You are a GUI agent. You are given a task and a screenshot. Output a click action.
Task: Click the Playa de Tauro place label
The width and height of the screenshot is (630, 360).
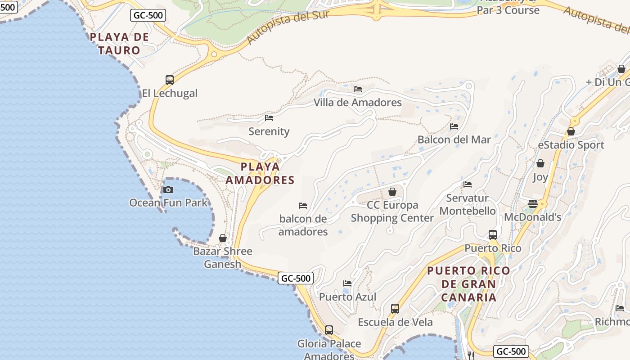coord(119,43)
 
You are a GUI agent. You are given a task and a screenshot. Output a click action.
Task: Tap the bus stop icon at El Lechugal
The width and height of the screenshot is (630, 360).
coord(170,80)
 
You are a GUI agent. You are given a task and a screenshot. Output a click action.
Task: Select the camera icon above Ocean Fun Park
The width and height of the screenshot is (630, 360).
coord(168,189)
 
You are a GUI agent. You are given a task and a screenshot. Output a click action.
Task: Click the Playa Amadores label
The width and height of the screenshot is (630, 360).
coord(260,173)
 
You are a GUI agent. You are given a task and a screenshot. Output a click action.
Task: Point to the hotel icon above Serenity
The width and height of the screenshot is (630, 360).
coord(269,118)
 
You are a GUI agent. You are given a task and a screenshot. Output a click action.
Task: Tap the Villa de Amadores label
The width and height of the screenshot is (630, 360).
coord(357,103)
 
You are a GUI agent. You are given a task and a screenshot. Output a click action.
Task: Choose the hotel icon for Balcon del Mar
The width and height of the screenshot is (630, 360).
coord(454,126)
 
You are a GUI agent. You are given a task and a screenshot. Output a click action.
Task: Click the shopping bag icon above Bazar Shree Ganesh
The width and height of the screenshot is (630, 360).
coord(223,238)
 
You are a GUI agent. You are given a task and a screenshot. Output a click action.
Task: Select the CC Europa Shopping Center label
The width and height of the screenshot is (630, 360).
coord(392,211)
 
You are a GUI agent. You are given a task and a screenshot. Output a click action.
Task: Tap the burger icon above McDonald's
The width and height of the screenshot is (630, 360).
coord(533,204)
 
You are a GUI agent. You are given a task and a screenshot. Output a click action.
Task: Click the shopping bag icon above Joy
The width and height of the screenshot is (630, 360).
coord(540,163)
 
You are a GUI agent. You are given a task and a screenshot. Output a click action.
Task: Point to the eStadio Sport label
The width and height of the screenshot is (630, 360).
coord(571,145)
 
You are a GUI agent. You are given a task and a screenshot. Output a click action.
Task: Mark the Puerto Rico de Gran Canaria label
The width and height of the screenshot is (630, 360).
coord(469,284)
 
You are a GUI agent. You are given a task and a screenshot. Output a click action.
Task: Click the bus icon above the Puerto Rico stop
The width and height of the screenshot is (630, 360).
coord(493,234)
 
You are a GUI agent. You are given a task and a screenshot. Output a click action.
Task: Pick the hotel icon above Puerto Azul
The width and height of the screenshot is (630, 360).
coord(347,283)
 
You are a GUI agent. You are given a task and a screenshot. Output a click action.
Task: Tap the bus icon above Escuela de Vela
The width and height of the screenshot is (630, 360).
coord(395,309)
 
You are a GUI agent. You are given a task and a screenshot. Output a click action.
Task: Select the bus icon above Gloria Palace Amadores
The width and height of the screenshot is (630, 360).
coord(329,330)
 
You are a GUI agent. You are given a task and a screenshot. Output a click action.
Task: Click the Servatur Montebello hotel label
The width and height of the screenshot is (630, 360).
coord(468,204)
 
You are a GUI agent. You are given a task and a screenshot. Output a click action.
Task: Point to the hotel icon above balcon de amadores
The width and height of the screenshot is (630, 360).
coord(303,206)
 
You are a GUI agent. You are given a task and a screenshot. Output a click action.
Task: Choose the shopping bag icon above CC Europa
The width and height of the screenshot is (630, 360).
coord(392,192)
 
